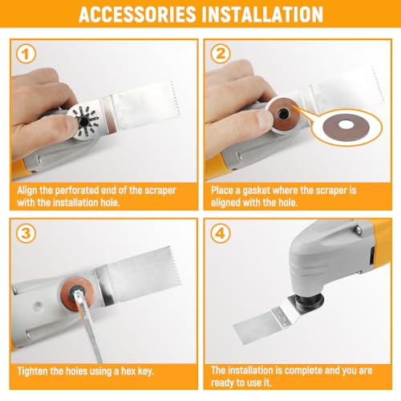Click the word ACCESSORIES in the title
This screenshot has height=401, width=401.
click(137, 14)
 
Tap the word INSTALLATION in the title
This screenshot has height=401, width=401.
click(262, 14)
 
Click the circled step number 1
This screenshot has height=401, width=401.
click(26, 55)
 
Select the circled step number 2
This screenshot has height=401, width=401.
click(221, 54)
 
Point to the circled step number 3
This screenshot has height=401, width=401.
click(26, 233)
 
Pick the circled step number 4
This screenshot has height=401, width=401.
click(221, 233)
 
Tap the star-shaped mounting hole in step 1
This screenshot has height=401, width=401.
click(85, 122)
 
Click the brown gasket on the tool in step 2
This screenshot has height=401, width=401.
click(283, 114)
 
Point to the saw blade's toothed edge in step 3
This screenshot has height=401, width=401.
click(175, 267)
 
